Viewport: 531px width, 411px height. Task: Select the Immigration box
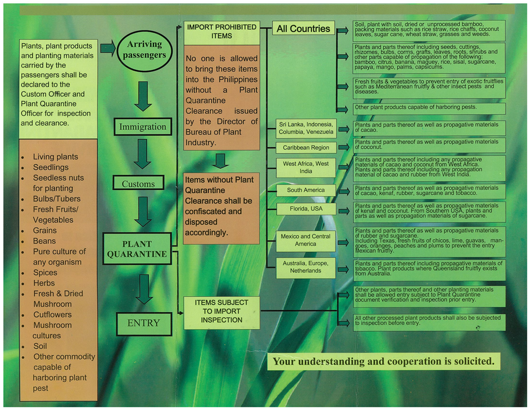(143, 127)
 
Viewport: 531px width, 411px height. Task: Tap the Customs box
(139, 184)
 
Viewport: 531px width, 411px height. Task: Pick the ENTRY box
(143, 322)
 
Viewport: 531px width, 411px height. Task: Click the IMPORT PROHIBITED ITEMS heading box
(221, 31)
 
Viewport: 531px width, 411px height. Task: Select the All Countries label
(303, 29)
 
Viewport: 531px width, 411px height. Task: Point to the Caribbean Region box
(306, 148)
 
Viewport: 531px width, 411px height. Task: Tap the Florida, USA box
(306, 209)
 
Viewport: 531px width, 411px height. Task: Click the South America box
(306, 190)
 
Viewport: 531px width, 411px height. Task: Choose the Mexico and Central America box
(306, 240)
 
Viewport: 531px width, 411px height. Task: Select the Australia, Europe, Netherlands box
(306, 267)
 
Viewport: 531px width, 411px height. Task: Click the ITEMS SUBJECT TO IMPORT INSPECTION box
(221, 312)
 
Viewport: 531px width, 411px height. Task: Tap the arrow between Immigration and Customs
(142, 154)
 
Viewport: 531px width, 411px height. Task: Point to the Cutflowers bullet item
(52, 315)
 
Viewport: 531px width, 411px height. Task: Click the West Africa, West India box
(306, 167)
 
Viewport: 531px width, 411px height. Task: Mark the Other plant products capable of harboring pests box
(429, 108)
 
